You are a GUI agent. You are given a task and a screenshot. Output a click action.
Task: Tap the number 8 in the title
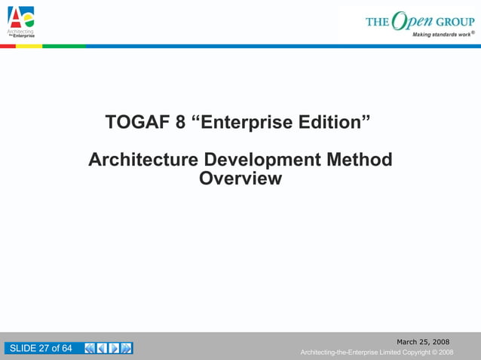click(x=181, y=122)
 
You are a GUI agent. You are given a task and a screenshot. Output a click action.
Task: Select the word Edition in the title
click(x=334, y=122)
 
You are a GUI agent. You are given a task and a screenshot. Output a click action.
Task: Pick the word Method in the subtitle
click(x=359, y=160)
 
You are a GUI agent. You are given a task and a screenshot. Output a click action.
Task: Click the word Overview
click(x=240, y=179)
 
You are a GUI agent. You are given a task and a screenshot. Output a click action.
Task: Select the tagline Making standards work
click(x=442, y=35)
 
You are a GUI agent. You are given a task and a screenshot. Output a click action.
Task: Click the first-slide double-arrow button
click(x=90, y=348)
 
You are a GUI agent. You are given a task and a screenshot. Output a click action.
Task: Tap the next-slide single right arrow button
click(x=115, y=348)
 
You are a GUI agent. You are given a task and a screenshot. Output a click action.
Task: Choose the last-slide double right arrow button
click(x=127, y=348)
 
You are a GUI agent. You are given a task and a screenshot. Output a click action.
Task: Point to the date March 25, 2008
click(x=423, y=342)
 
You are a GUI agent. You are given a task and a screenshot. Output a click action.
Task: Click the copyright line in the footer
click(x=376, y=352)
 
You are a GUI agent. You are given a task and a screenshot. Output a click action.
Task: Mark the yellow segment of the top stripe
click(x=29, y=46)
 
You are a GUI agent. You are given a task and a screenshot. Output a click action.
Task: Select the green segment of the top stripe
click(x=64, y=46)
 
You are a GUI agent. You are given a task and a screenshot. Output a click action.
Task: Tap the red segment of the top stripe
click(x=8, y=46)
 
